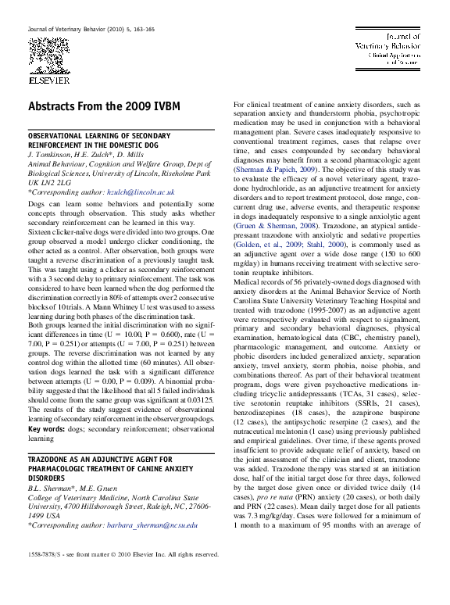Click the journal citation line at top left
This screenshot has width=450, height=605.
click(91, 29)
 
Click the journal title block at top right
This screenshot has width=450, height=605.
click(388, 49)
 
